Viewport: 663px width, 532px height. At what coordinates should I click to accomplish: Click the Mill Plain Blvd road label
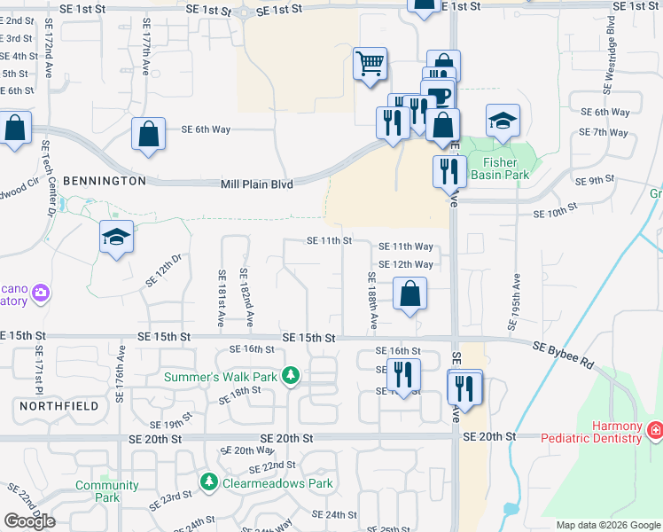click(x=256, y=184)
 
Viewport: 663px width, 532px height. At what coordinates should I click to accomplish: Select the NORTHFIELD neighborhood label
click(x=57, y=405)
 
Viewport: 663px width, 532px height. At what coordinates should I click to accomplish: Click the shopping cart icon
click(x=370, y=65)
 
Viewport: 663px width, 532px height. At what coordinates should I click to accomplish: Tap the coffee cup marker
click(x=439, y=96)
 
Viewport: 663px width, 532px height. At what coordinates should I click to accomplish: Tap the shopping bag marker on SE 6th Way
click(x=148, y=135)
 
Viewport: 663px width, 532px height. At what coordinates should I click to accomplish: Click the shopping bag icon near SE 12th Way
click(x=409, y=295)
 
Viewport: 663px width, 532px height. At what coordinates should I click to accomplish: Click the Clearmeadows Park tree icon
click(x=208, y=482)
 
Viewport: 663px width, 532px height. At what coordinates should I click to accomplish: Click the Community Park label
click(x=106, y=491)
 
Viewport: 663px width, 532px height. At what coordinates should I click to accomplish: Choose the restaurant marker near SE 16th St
click(x=403, y=376)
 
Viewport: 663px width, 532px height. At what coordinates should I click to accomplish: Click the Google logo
click(x=30, y=521)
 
